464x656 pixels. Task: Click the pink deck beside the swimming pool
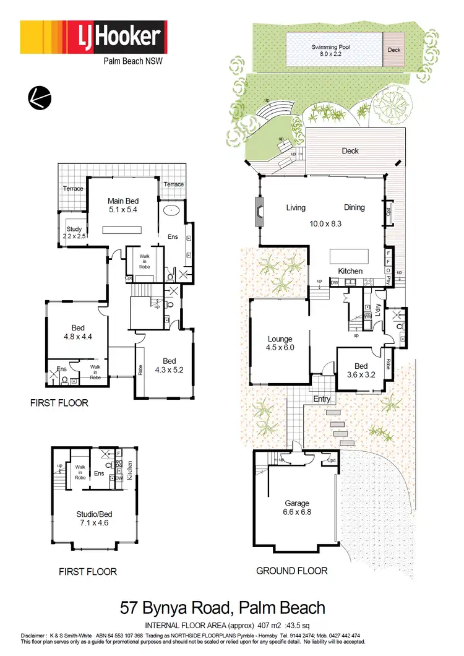tap(393, 50)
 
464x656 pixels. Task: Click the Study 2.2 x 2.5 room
tap(74, 232)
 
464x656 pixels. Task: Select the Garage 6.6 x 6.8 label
tap(296, 508)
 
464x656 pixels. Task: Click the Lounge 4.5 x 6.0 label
tap(280, 343)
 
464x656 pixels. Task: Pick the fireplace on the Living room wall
tap(258, 213)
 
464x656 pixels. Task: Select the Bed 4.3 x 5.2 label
tap(169, 365)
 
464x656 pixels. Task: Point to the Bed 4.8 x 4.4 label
tap(77, 332)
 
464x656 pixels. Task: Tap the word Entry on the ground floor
tap(322, 399)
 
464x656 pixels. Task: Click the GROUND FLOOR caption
tap(292, 571)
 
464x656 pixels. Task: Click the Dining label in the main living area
tap(354, 207)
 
